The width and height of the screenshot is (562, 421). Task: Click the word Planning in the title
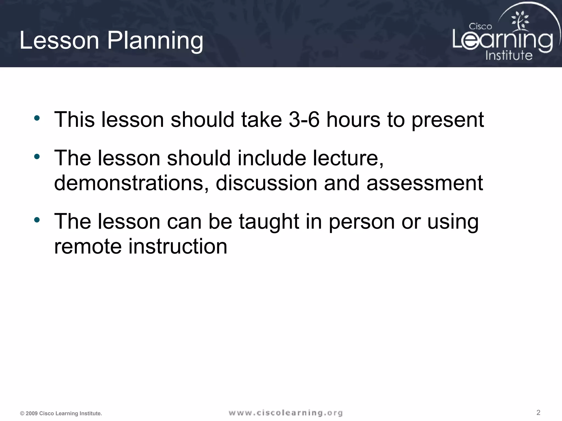[x=155, y=41]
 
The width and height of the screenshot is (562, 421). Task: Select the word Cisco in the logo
[x=480, y=27]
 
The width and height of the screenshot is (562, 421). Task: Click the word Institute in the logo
[x=509, y=55]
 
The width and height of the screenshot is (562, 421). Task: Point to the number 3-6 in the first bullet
[x=304, y=120]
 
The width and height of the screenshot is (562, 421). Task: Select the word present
[x=448, y=120]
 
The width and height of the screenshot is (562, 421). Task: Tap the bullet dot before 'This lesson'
[x=37, y=118]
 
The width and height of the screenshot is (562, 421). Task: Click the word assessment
[x=425, y=183]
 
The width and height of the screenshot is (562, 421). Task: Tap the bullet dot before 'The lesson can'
[x=37, y=220]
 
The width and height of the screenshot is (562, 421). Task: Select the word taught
[x=269, y=221]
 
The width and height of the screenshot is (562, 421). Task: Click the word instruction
[x=178, y=246]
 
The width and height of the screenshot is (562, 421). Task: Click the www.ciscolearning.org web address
[x=286, y=413]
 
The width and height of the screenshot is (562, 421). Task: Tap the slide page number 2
[x=538, y=412]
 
